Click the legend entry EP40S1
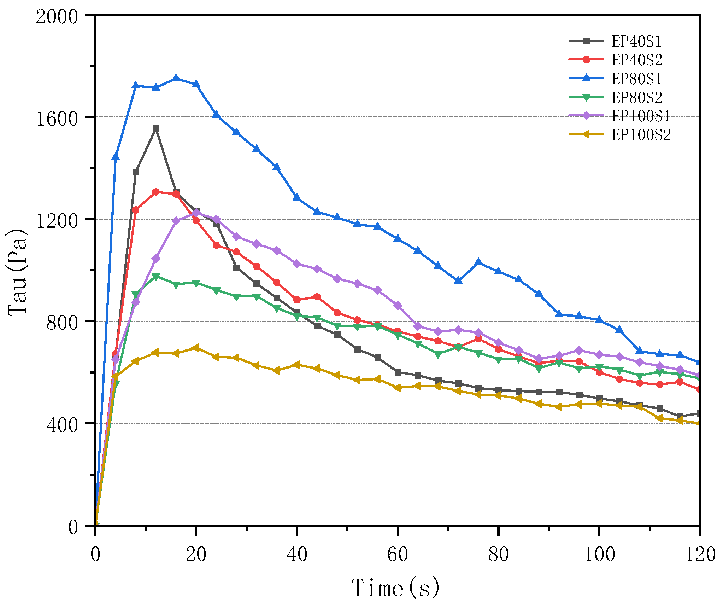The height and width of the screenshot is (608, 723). tap(636, 41)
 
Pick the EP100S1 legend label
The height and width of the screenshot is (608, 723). tap(641, 116)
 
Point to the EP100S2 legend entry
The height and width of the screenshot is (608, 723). tap(641, 135)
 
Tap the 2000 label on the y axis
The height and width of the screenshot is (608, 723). tap(57, 16)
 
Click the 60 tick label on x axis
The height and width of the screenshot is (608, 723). tap(398, 555)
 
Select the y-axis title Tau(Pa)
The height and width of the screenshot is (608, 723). tap(18, 272)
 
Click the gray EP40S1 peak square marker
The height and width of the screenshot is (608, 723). tap(156, 129)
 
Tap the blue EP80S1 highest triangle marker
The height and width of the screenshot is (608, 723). tap(176, 78)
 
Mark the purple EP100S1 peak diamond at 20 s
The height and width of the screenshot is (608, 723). tap(196, 213)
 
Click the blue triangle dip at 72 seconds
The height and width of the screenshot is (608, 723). tap(458, 280)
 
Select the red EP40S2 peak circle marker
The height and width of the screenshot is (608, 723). tap(156, 192)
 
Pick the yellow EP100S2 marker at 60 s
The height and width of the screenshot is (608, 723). tap(398, 388)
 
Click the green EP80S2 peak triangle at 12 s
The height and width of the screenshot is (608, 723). tap(156, 277)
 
